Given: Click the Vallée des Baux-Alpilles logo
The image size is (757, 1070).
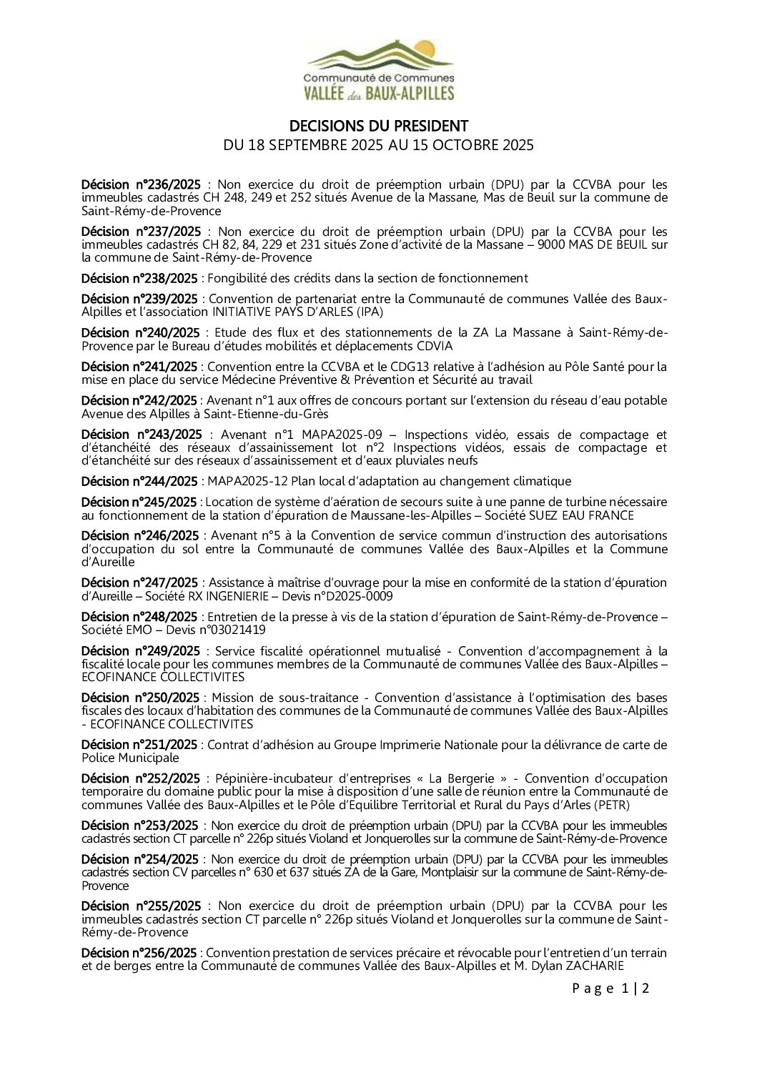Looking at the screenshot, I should pos(379,70).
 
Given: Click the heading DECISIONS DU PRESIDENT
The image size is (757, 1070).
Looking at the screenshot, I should pos(378,127).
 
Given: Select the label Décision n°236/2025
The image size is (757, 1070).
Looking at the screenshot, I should pos(141,184).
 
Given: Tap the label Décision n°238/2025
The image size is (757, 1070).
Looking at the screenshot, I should pos(139,278).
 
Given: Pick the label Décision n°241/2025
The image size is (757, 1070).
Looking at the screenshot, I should pos(139,367).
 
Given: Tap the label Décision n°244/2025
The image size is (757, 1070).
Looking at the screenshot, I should pos(139,481).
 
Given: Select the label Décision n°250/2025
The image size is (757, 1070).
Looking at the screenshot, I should pos(140,698).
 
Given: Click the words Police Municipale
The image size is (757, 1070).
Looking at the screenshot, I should pos(130,758).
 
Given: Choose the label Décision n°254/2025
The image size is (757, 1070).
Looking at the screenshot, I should pos(139,859).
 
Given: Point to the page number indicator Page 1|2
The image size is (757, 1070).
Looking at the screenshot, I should pos(610,989).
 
